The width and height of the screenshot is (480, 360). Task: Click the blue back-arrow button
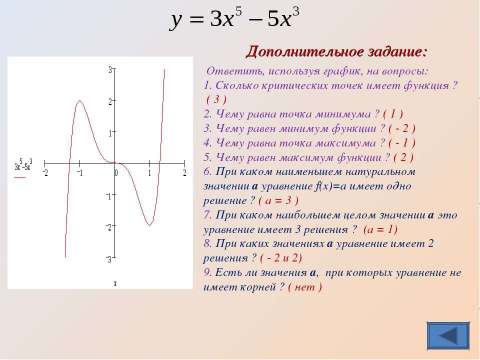448,335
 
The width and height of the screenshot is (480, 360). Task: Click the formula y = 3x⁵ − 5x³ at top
234,18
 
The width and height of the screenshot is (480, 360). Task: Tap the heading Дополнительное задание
336,51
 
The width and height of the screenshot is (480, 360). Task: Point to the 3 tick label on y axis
110,70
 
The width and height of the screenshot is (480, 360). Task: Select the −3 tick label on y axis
109,260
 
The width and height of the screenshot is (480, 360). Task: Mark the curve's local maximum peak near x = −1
79,100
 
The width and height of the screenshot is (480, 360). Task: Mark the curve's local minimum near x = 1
149,225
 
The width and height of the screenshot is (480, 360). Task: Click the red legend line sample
19,177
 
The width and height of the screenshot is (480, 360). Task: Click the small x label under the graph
115,284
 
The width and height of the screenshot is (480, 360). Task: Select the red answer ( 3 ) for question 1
216,99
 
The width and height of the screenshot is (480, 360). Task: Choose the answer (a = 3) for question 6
278,200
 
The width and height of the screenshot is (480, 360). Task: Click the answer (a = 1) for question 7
380,229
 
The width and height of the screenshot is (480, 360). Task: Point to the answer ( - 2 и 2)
280,258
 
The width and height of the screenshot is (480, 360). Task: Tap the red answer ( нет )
305,287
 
